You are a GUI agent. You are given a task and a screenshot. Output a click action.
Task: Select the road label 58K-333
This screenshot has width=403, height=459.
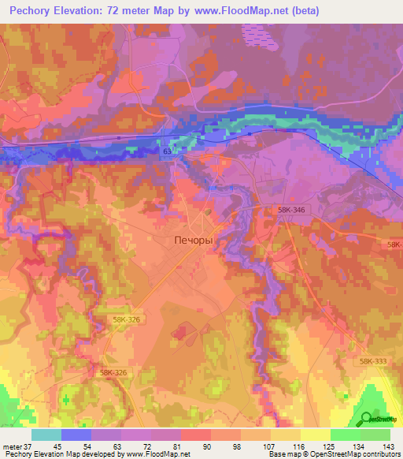coord(373,360)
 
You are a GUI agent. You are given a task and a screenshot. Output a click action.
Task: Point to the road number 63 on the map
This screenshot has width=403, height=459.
coord(167,150)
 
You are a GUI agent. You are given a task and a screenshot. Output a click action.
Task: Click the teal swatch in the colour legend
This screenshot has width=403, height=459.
coord(46,435)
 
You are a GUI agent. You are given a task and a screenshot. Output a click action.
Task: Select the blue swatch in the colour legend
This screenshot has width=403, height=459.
coord(76,435)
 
